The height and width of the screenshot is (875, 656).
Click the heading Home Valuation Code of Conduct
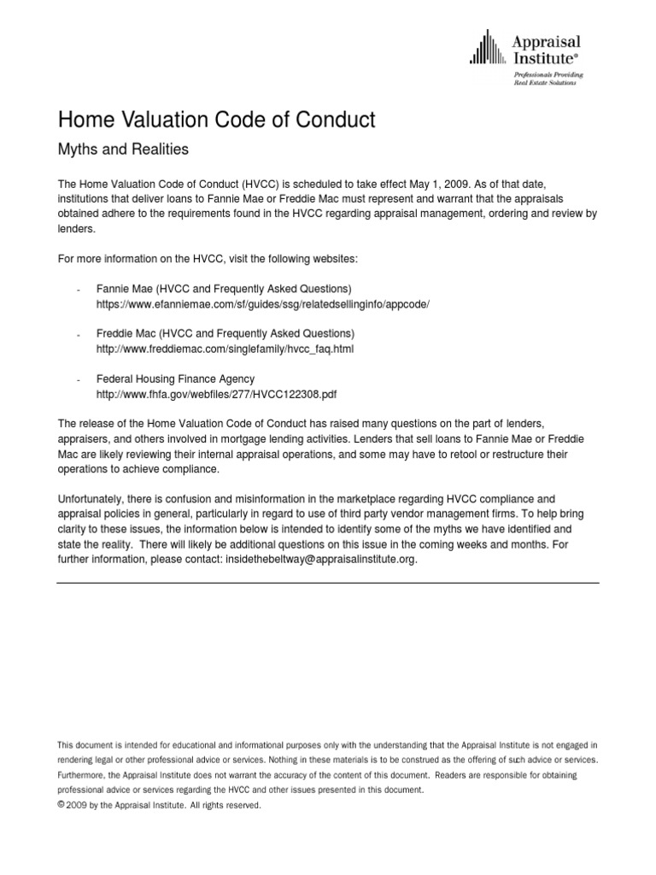pos(215,120)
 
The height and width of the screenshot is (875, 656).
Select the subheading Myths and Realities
pos(121,150)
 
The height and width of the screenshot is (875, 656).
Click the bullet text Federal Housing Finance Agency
pos(175,379)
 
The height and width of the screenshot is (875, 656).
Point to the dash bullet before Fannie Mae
pos(79,290)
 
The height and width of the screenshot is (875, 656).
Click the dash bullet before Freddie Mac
pos(79,334)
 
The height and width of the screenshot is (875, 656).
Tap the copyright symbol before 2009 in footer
pos(60,804)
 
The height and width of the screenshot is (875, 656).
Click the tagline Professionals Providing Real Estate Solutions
pos(545,79)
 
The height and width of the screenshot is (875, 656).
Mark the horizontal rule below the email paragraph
pos(328,583)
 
